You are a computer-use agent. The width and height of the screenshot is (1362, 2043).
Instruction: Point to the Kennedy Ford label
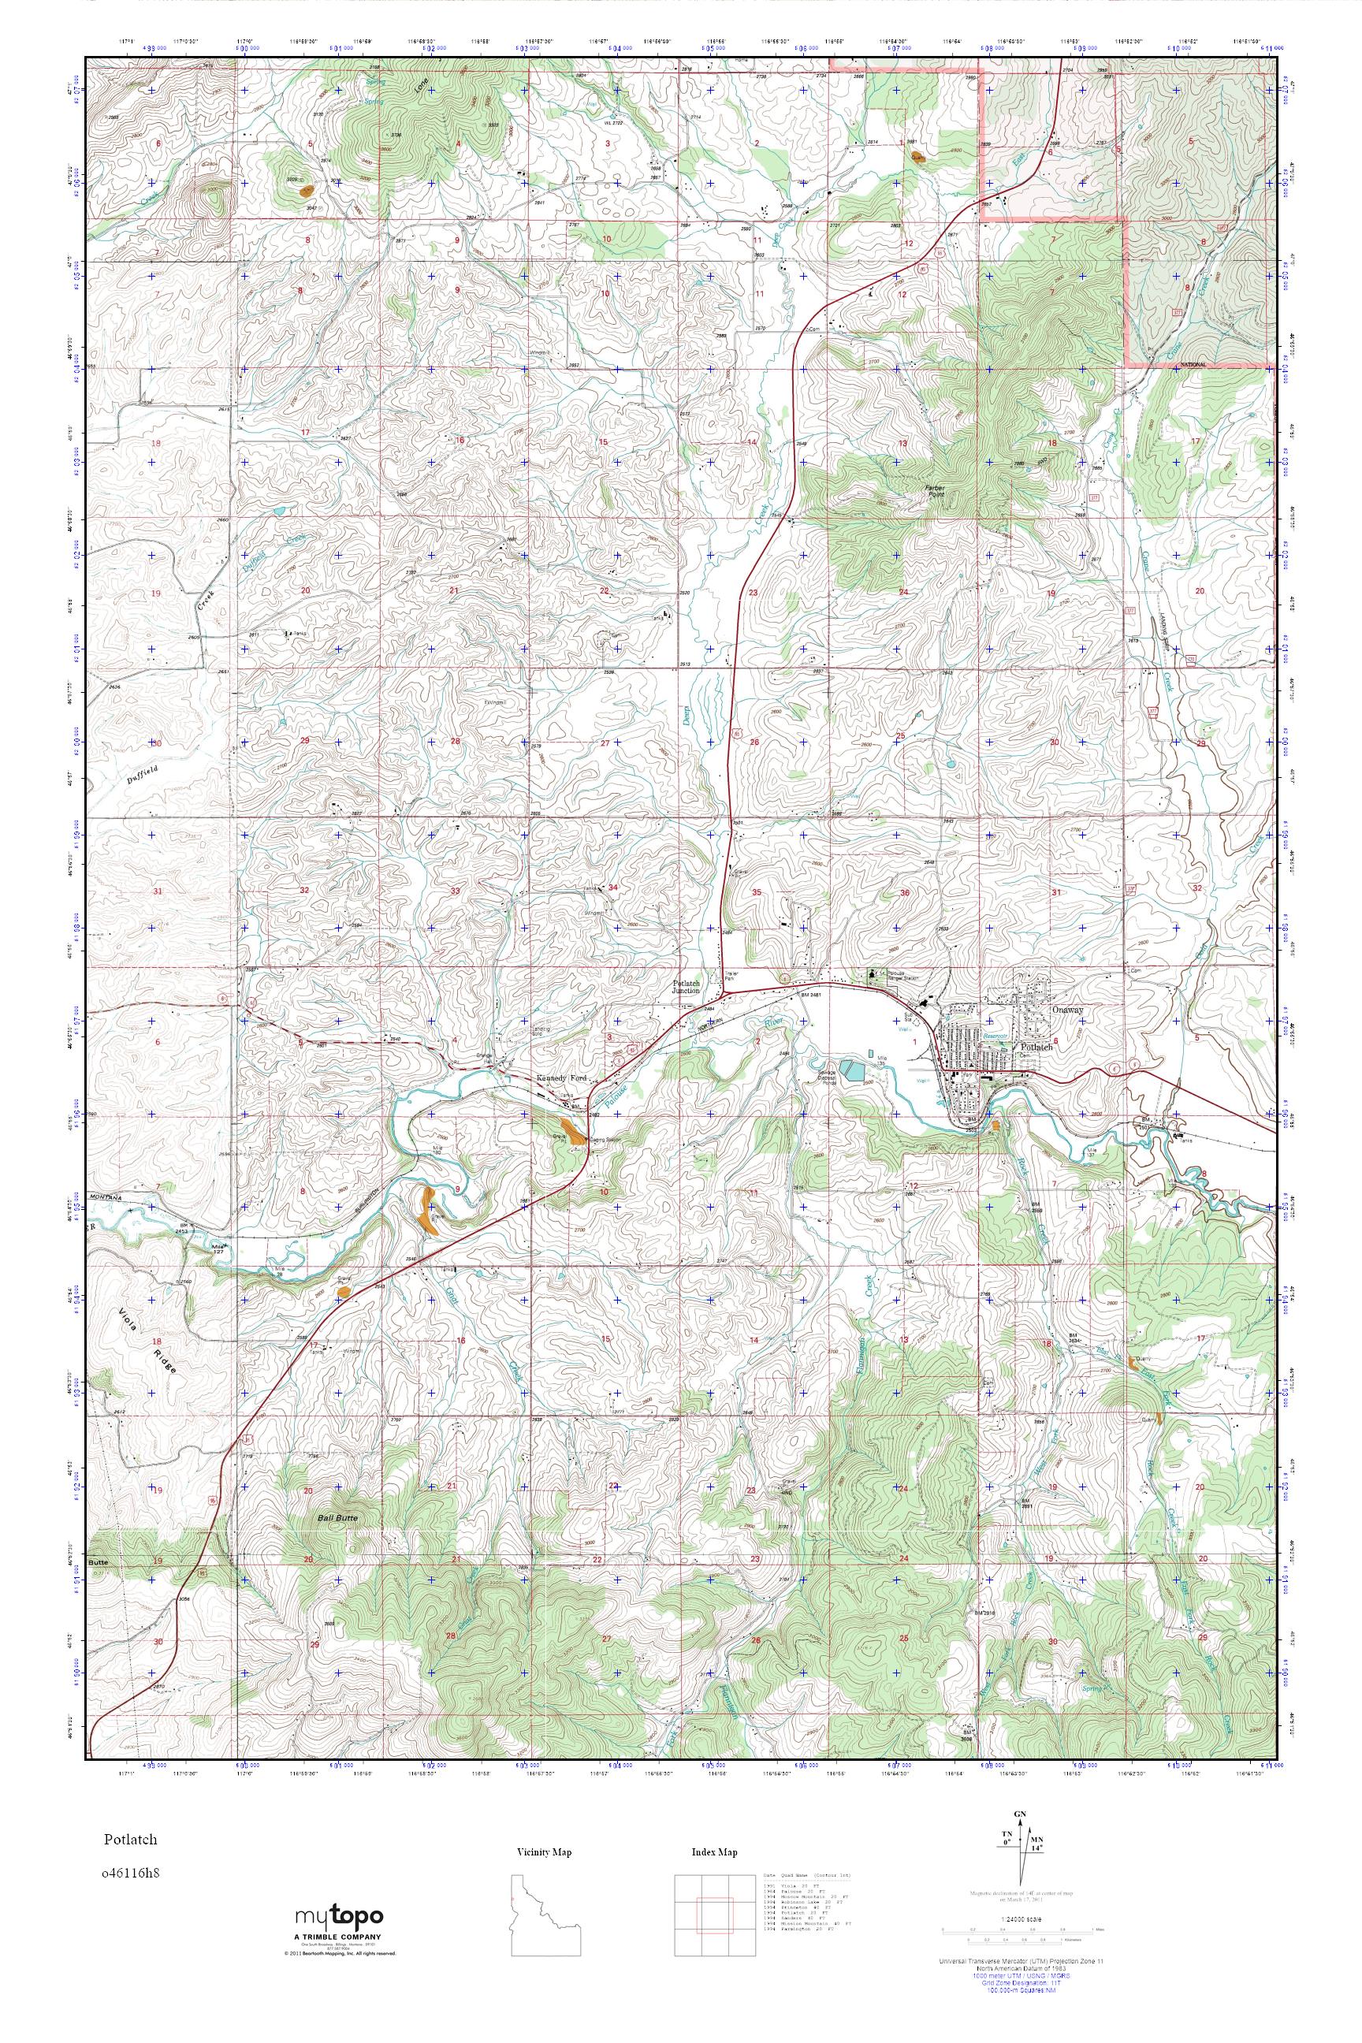[x=563, y=1078]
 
